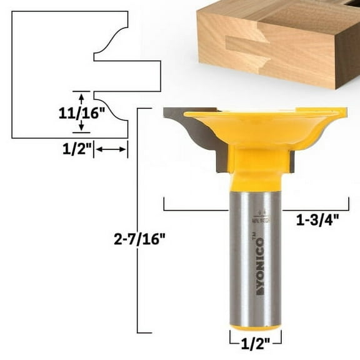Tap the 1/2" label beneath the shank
[254, 342]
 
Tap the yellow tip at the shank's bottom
[254, 327]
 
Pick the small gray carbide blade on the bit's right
[292, 161]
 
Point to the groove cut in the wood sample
[247, 45]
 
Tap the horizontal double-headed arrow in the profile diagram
[111, 149]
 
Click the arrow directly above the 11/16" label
[81, 96]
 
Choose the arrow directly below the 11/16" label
[81, 127]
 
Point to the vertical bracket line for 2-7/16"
[137, 219]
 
